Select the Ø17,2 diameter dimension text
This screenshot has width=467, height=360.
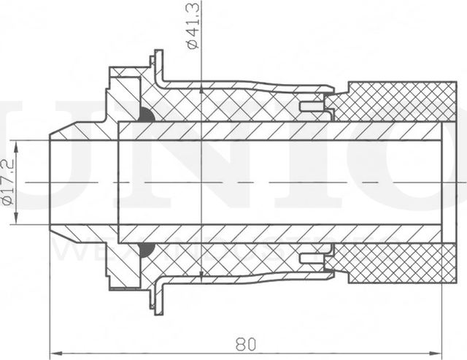pos(9,183)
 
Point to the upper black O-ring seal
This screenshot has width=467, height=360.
pos(147,115)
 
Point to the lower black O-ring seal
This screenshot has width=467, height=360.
pos(147,250)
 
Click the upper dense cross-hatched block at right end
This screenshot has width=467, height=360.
pos(398,101)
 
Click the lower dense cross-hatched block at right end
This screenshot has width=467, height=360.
pos(398,264)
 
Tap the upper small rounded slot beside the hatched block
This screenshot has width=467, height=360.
pos(312,107)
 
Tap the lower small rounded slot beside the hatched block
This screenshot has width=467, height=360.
pos(312,258)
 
